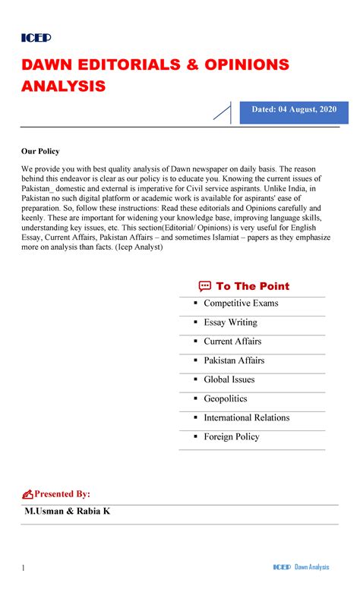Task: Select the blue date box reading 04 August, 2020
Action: (294, 112)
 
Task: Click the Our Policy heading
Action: (40, 151)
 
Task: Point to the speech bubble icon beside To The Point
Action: (204, 286)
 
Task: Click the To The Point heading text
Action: (252, 286)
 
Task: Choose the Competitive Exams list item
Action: (241, 304)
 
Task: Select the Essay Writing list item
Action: (230, 323)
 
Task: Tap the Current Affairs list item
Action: (232, 342)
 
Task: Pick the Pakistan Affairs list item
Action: (234, 361)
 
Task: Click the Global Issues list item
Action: (229, 379)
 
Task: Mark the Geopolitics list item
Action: (226, 398)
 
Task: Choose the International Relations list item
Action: (246, 417)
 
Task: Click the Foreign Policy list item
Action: (231, 436)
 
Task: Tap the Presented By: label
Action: (62, 494)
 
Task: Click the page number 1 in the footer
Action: (24, 568)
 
